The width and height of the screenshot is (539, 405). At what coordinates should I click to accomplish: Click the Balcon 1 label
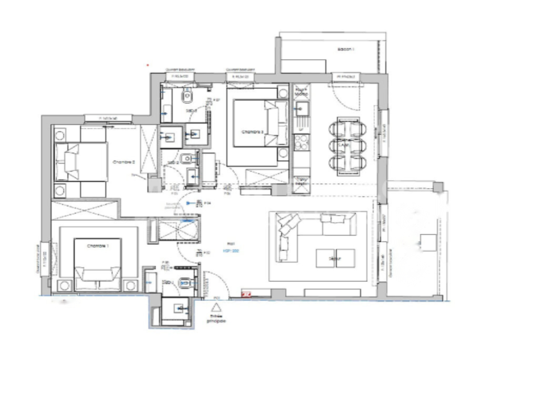pyautogui.click(x=346, y=49)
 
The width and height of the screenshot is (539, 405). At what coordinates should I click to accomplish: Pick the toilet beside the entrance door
pyautogui.click(x=184, y=283)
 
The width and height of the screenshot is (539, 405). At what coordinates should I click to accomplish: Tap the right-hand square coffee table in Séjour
pyautogui.click(x=345, y=258)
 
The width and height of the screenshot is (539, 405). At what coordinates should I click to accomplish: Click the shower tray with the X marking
pyautogui.click(x=180, y=229)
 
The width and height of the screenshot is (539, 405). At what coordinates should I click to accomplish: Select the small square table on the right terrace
pyautogui.click(x=427, y=243)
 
